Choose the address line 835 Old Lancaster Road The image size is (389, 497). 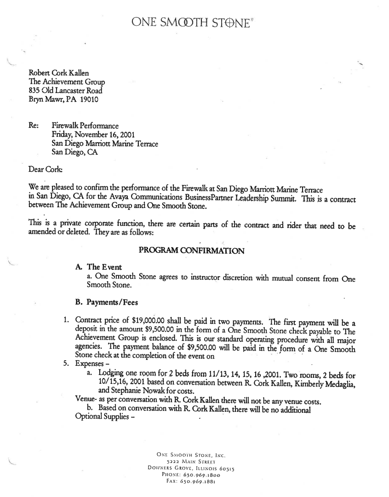tap(65, 91)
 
